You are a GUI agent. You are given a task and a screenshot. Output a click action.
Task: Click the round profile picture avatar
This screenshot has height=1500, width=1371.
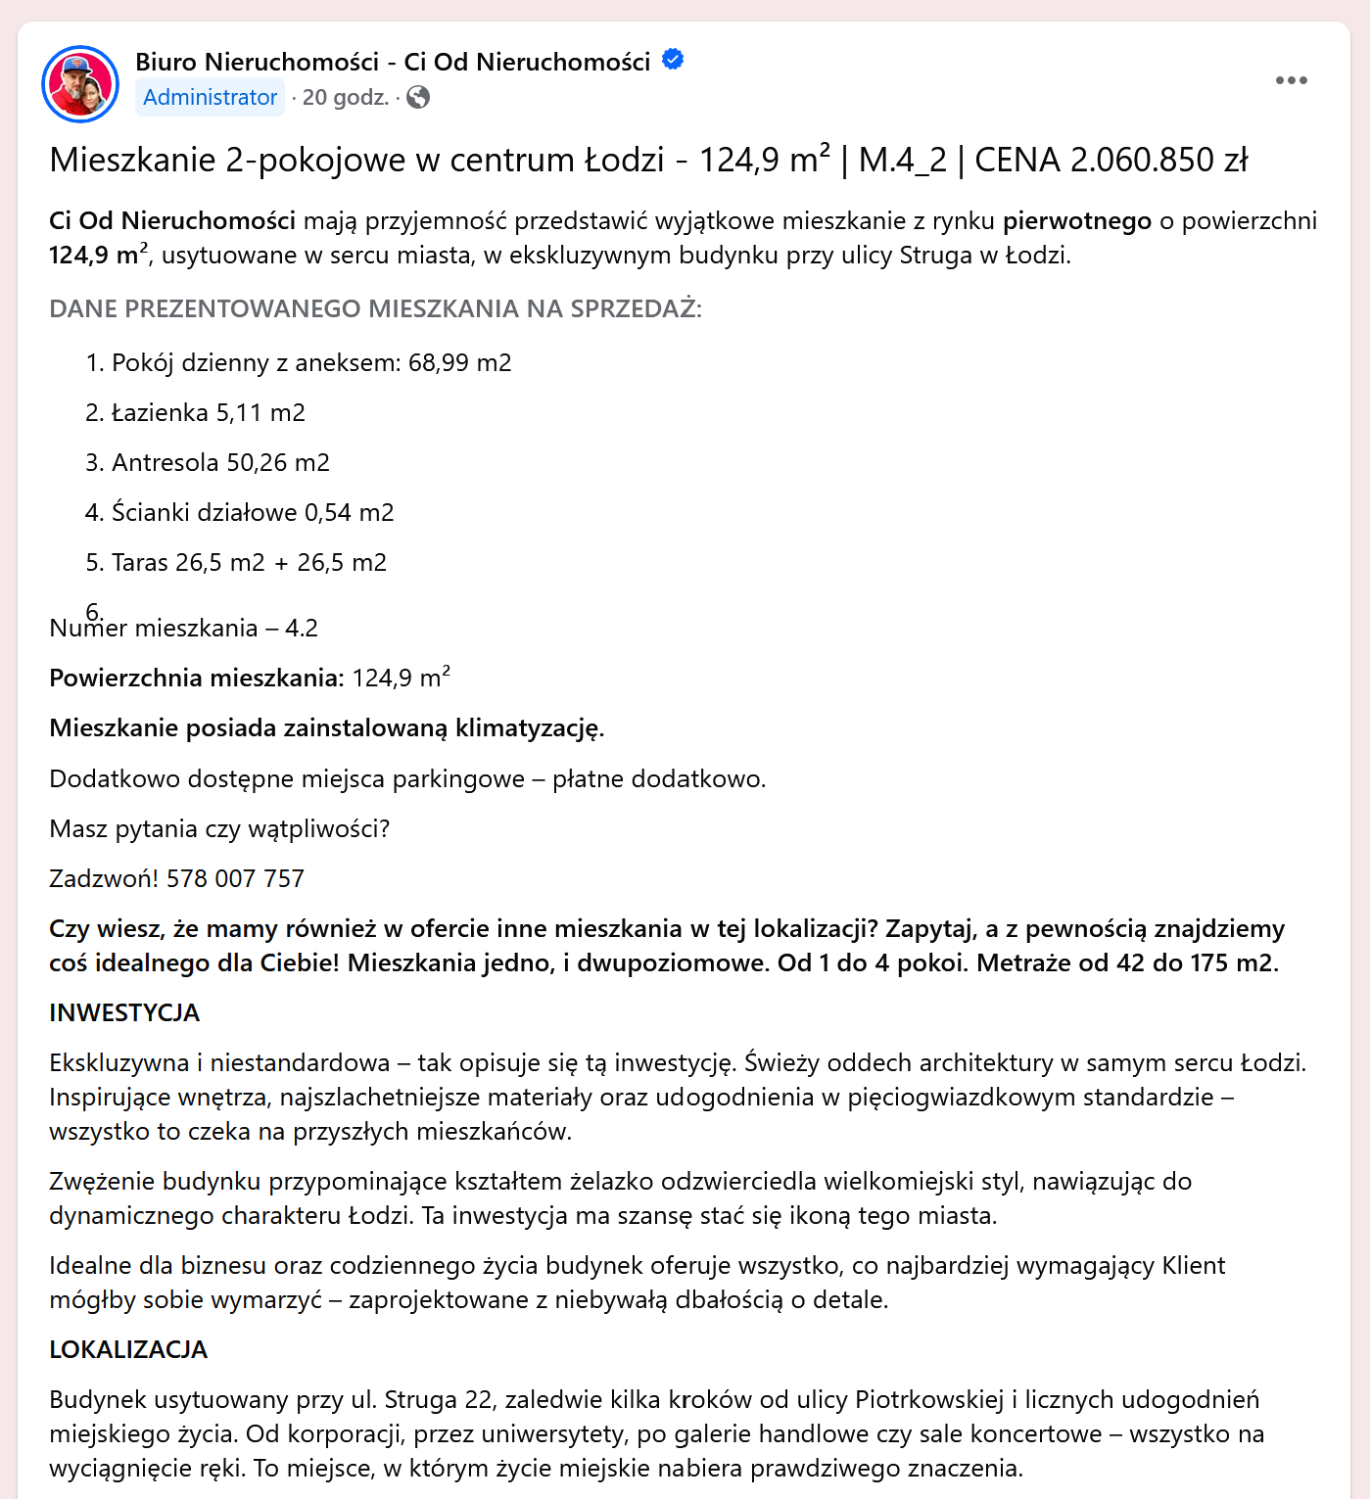pos(80,84)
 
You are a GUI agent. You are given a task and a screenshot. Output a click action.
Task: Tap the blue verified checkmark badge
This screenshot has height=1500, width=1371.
pos(673,60)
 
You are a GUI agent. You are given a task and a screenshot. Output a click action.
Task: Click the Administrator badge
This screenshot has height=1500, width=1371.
pos(210,98)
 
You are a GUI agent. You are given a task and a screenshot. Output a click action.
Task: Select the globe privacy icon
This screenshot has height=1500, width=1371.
pos(418,97)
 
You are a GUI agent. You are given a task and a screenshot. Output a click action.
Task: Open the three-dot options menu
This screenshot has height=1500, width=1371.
pos(1291,80)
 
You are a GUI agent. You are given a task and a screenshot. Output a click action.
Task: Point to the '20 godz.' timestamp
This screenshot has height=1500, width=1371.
pos(345,98)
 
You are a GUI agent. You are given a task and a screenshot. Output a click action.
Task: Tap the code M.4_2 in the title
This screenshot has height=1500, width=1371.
pos(902,161)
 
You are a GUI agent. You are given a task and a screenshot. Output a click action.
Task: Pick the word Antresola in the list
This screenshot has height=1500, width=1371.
pos(165,463)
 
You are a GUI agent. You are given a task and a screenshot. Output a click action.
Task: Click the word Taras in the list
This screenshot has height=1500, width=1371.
pos(140,563)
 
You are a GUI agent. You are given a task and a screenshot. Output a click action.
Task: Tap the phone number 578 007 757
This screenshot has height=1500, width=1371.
pos(235,879)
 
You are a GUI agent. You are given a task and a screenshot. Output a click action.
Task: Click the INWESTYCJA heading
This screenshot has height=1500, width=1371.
pos(124,1013)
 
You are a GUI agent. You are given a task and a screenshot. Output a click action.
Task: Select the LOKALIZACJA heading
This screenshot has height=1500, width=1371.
pos(128,1350)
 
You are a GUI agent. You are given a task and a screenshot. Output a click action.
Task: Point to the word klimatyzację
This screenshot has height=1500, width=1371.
pos(530,728)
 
